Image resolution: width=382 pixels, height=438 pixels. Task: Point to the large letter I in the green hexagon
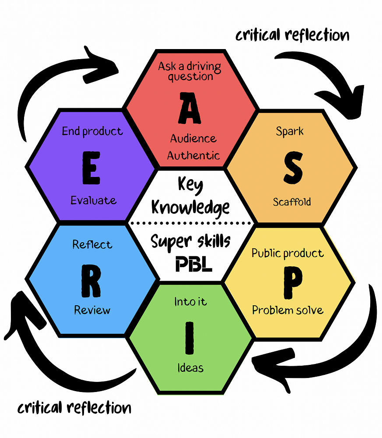pos(189,338)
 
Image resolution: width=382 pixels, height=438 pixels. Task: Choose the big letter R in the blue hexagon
pos(91,282)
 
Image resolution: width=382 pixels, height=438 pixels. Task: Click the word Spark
pos(290,131)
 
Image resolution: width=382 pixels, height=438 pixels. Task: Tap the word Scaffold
pos(292,202)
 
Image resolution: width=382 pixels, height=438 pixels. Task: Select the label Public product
pos(287,254)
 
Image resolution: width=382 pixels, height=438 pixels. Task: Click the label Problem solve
pos(287,311)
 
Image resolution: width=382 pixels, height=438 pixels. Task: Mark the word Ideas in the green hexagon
pos(190,367)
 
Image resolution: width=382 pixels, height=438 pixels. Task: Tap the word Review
pos(92,311)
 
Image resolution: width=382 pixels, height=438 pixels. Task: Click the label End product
pos(92,131)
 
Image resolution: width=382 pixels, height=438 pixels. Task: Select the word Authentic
pos(193,155)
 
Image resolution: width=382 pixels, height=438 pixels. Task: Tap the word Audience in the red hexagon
pos(193,139)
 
